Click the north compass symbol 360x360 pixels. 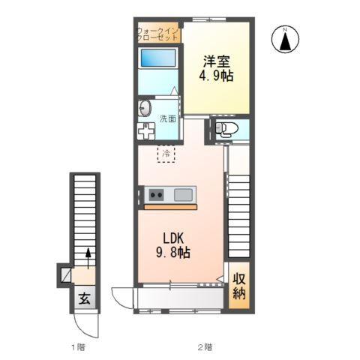pyautogui.click(x=285, y=39)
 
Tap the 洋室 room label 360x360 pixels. pyautogui.click(x=217, y=61)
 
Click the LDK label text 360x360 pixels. pyautogui.click(x=173, y=238)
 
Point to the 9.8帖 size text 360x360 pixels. pyautogui.click(x=173, y=253)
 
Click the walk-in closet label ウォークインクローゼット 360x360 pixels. pyautogui.click(x=157, y=34)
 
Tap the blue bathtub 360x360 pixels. pyautogui.click(x=158, y=58)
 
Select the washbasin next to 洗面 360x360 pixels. pyautogui.click(x=145, y=109)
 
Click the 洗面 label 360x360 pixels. pyautogui.click(x=168, y=118)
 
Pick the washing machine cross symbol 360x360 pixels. pyautogui.click(x=146, y=130)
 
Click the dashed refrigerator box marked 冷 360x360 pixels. pyautogui.click(x=166, y=154)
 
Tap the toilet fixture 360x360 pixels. pyautogui.click(x=226, y=129)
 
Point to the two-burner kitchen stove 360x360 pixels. pyautogui.click(x=156, y=195)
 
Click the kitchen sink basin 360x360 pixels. pyautogui.click(x=183, y=195)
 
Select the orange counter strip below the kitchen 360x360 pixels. pyautogui.click(x=171, y=207)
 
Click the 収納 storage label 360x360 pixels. pyautogui.click(x=239, y=286)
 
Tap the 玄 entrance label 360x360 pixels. pyautogui.click(x=85, y=298)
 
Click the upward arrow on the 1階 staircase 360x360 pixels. pyautogui.click(x=88, y=259)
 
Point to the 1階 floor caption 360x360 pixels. pyautogui.click(x=79, y=347)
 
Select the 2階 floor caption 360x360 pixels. pyautogui.click(x=205, y=347)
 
